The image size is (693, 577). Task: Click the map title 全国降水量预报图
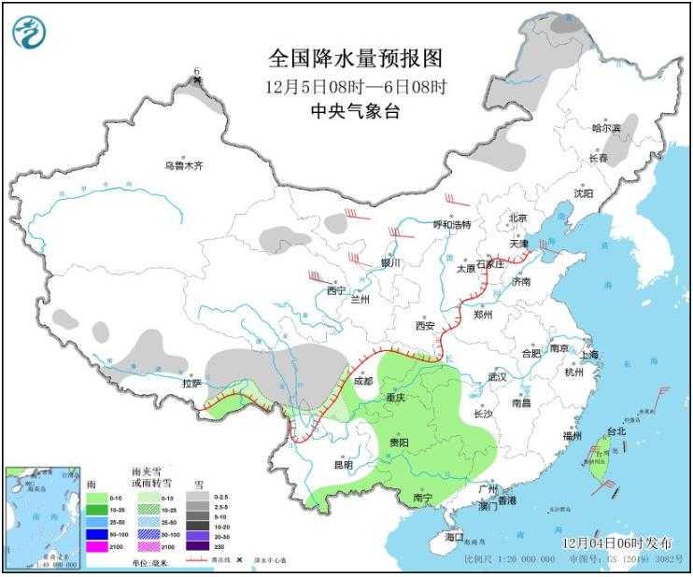[x=355, y=59]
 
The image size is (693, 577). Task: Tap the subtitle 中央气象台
[x=355, y=110]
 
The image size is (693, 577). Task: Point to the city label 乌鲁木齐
[x=184, y=165]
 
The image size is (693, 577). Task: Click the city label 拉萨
[x=191, y=383]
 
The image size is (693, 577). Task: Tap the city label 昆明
[x=343, y=464]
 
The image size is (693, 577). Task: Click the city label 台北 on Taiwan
[x=616, y=432]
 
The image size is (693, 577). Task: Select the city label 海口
[x=455, y=537]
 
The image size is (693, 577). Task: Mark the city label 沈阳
[x=583, y=193]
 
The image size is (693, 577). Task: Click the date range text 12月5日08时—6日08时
[x=355, y=86]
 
